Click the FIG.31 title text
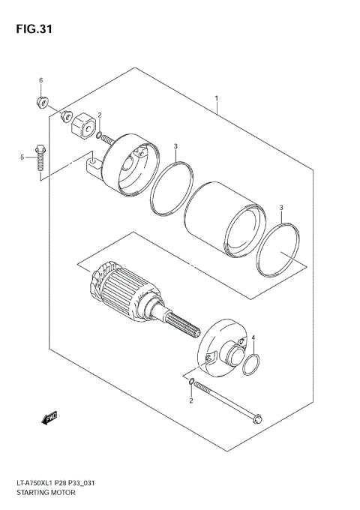click(31, 30)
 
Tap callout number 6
click(41, 80)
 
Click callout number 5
click(22, 157)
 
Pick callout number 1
click(216, 98)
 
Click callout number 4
click(253, 338)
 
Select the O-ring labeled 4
click(252, 365)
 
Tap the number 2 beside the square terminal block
click(99, 115)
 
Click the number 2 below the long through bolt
click(190, 400)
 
